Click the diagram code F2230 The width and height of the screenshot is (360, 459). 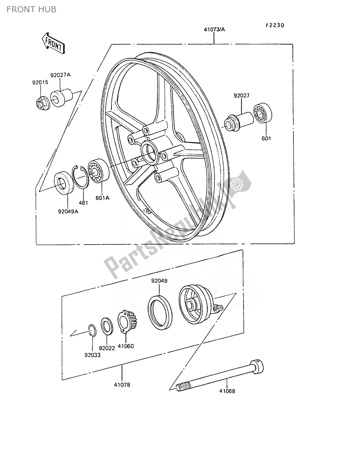tap(275, 25)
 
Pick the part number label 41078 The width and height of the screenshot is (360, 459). tap(122, 384)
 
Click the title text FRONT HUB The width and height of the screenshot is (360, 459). tap(31, 9)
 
